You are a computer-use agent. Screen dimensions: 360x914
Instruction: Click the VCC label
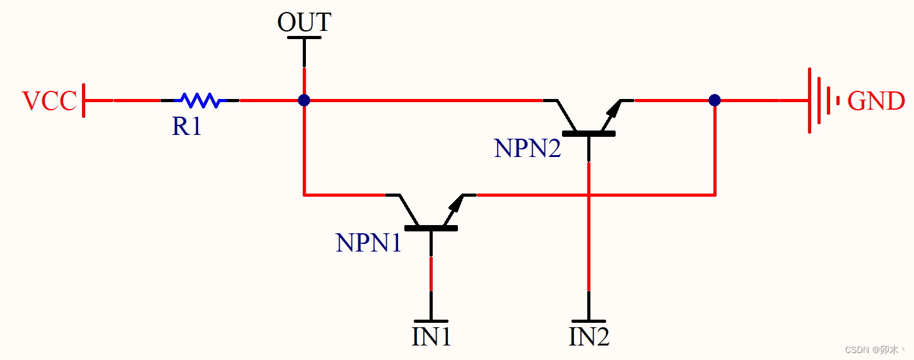coord(49,101)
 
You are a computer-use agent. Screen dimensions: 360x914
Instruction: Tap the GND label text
coord(876,101)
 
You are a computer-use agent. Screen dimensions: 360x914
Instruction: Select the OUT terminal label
coord(304,23)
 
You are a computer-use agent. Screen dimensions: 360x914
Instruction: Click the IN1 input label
coord(431,337)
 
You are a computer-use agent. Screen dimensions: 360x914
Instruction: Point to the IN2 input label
coord(589,337)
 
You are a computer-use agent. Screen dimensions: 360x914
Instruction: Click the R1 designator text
coord(187,127)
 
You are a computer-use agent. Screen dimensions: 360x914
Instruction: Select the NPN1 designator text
coord(368,243)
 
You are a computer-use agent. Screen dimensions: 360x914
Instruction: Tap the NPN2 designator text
coord(527,148)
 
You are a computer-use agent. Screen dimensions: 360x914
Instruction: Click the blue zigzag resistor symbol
coord(200,100)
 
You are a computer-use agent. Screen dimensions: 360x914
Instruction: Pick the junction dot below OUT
coord(304,100)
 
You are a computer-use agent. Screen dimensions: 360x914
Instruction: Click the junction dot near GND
coord(714,100)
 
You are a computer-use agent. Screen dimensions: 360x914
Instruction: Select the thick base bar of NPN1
coord(431,228)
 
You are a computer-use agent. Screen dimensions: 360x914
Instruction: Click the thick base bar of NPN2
coord(589,133)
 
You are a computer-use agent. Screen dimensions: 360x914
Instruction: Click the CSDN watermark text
coord(874,350)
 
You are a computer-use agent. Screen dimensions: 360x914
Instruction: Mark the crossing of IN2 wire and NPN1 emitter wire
coord(589,195)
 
